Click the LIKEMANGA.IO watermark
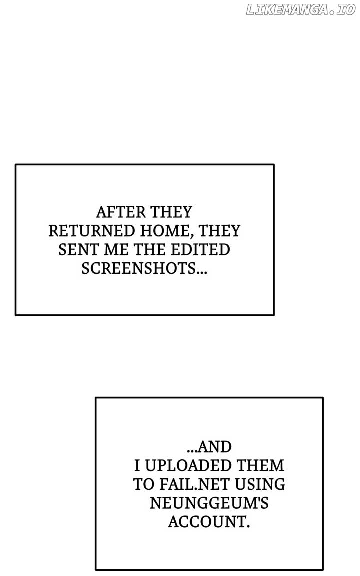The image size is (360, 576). coord(301,10)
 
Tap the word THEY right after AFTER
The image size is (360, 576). coord(171,212)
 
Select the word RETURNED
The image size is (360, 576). coord(92,231)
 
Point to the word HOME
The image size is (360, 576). coord(167,231)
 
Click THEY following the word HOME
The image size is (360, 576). coord(219,231)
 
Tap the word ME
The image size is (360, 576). coord(116,250)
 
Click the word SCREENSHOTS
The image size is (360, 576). coord(139,268)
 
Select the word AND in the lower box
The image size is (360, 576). coord(215,447)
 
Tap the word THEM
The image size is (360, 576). coord(261,466)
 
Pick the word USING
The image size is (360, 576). coord(260,484)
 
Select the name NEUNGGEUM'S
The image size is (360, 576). coord(209,503)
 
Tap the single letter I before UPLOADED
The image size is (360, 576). coord(137,466)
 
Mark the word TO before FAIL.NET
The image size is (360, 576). coord(144,484)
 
